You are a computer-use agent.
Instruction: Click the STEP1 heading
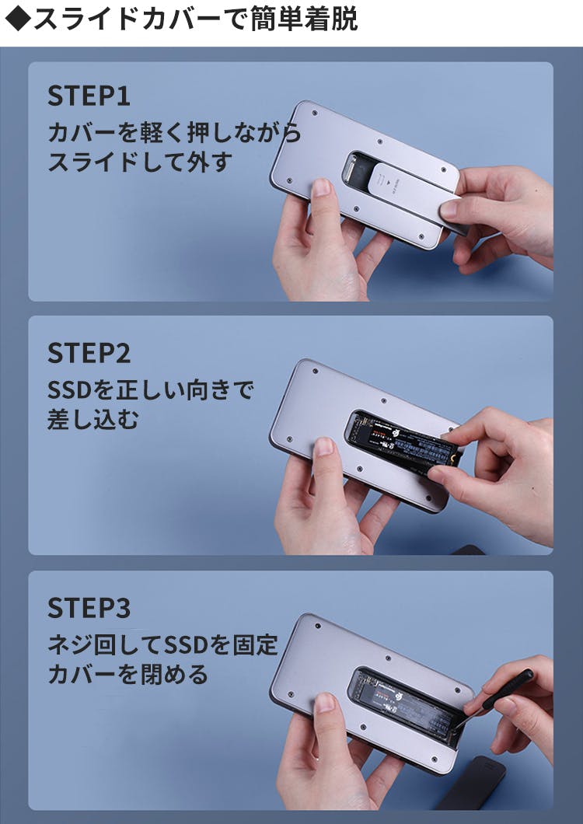(89, 96)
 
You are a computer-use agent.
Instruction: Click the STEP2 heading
(89, 353)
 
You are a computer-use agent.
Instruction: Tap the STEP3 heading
(89, 608)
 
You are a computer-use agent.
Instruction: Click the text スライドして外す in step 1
(139, 162)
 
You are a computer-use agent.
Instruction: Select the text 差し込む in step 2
(93, 419)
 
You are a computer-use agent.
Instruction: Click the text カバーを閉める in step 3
(127, 675)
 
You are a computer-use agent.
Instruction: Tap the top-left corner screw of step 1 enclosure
(314, 113)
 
